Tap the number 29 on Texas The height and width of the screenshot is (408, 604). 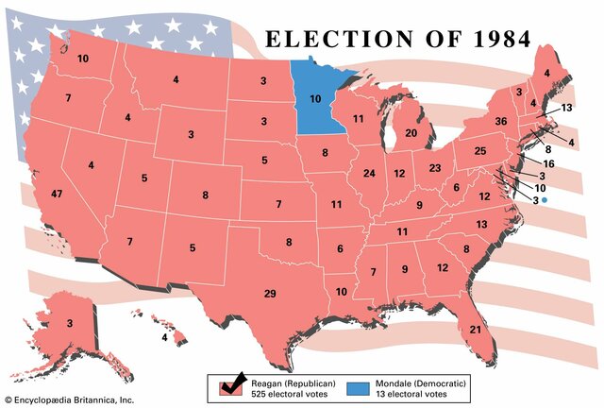(270, 294)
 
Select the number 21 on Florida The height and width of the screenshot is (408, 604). (476, 329)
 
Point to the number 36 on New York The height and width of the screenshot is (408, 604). (501, 121)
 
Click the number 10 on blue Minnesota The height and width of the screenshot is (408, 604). (315, 99)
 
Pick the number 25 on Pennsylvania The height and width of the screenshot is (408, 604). (479, 151)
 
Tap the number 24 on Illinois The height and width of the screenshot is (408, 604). (369, 173)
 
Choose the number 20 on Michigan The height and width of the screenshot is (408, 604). (411, 133)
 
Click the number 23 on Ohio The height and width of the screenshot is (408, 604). (434, 168)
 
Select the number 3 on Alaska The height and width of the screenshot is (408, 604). (69, 324)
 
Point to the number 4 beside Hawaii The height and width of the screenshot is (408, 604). (164, 337)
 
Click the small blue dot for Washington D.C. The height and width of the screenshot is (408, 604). (545, 200)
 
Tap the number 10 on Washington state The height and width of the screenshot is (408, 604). (83, 59)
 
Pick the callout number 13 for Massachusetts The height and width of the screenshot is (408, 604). (566, 108)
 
